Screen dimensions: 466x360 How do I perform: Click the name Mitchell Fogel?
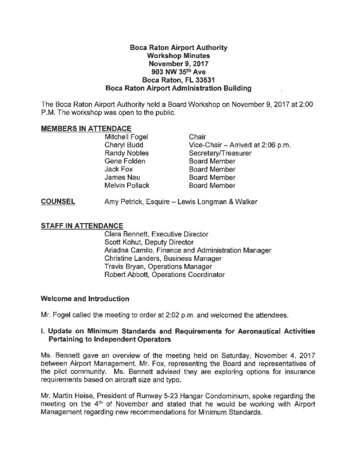click(127, 137)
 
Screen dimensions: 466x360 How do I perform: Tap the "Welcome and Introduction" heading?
click(85, 299)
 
